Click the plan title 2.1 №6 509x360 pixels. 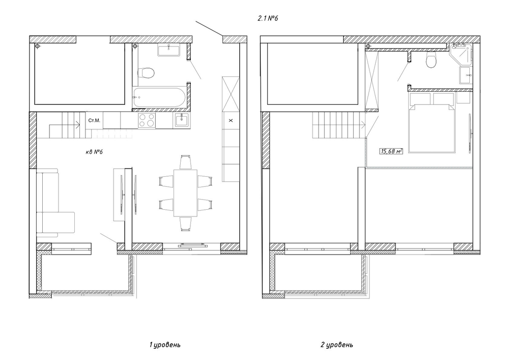pos(268,18)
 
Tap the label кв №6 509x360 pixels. pos(94,152)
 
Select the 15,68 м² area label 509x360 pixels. pos(391,151)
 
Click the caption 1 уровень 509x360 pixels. pos(164,344)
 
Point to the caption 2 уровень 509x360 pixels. pos(336,344)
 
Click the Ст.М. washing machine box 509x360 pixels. pos(94,121)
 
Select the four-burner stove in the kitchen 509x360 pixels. pos(147,121)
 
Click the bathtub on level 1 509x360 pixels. pos(159,97)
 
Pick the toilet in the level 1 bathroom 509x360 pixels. pos(146,73)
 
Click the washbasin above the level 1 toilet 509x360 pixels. pos(169,50)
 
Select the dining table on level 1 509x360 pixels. pos(185,193)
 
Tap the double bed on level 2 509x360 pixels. pos(432,123)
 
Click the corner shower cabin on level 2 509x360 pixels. pos(461,53)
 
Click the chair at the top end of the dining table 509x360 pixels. pos(185,162)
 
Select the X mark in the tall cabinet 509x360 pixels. pos(231,121)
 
